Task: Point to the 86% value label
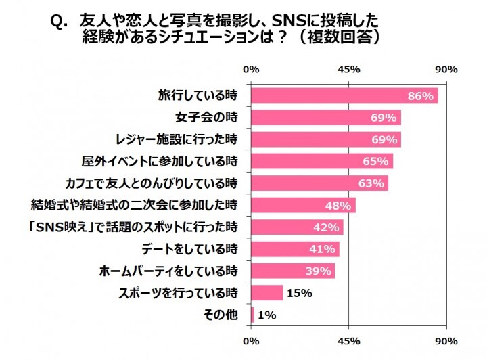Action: pyautogui.click(x=420, y=96)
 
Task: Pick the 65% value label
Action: pyautogui.click(x=376, y=162)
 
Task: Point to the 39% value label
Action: pyautogui.click(x=318, y=271)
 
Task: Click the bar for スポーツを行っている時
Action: pyautogui.click(x=266, y=292)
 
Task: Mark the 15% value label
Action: pyautogui.click(x=300, y=293)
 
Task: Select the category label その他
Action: pyautogui.click(x=222, y=315)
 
